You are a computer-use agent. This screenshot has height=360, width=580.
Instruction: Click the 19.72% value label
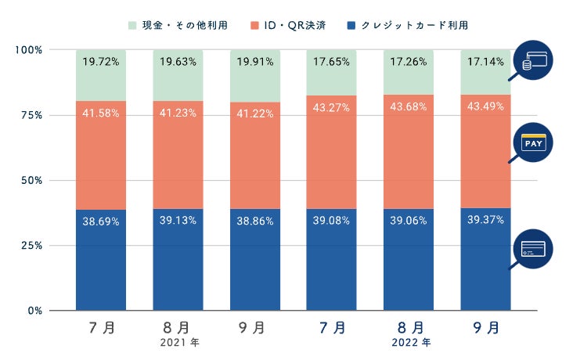pyautogui.click(x=102, y=62)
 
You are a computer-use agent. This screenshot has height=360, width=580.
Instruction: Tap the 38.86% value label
pyautogui.click(x=255, y=221)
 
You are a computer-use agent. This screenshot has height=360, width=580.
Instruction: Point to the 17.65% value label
pyautogui.click(x=332, y=62)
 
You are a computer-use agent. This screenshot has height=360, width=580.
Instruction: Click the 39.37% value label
pyautogui.click(x=485, y=220)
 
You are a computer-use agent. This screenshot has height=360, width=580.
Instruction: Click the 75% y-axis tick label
pyautogui.click(x=31, y=115)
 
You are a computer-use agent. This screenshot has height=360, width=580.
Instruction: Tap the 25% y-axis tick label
pyautogui.click(x=31, y=246)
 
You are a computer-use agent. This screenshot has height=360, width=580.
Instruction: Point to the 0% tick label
pyautogui.click(x=34, y=311)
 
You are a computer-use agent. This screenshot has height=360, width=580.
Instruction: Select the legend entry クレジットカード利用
pyautogui.click(x=408, y=25)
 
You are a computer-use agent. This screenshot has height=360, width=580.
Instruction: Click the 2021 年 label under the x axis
pyautogui.click(x=178, y=342)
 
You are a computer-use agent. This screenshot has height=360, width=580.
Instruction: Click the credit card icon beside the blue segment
pyautogui.click(x=534, y=250)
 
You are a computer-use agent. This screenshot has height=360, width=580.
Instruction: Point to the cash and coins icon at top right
pyautogui.click(x=534, y=59)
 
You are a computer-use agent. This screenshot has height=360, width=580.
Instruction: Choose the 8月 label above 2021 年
pyautogui.click(x=178, y=327)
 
